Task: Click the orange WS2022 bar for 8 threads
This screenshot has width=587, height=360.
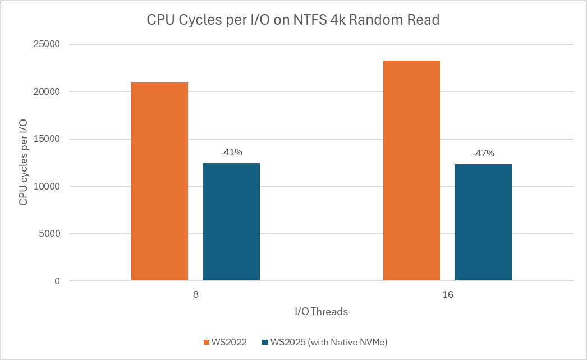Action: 159,182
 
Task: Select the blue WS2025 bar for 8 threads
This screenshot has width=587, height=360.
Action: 231,221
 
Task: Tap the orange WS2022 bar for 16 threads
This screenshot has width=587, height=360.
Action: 411,170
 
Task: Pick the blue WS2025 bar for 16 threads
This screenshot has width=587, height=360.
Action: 483,222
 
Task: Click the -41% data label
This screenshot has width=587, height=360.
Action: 231,152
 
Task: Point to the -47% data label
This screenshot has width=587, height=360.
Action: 483,153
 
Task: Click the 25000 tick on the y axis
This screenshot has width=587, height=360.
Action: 49,44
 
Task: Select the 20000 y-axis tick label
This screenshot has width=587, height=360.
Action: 49,92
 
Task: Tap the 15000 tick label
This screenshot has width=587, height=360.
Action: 49,139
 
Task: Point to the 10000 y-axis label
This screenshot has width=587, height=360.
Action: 49,187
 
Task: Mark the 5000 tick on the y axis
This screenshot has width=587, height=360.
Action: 51,234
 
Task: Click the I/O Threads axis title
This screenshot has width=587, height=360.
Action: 321,312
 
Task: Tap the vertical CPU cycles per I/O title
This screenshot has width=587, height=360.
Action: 24,163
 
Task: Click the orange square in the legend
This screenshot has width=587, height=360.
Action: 207,342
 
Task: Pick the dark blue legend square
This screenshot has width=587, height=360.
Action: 265,342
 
